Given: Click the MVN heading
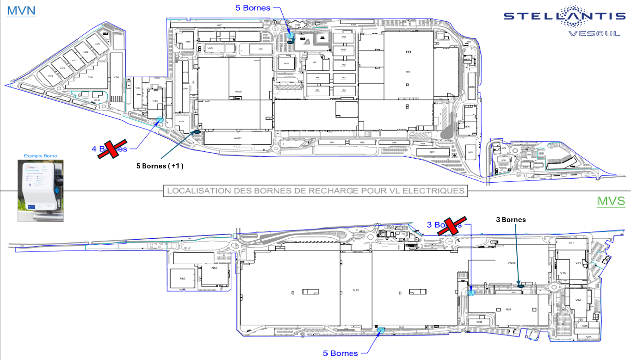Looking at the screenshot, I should (x=21, y=10).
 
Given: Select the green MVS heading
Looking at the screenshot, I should (x=611, y=201).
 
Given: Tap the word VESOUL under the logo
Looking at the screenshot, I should (x=594, y=33).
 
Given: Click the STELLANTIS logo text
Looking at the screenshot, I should (x=564, y=16).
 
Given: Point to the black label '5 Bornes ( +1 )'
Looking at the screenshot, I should (x=160, y=166).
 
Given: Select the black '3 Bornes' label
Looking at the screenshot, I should (x=511, y=220).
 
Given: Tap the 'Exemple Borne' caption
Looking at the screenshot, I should (x=40, y=156).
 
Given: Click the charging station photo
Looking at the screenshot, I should (x=40, y=191).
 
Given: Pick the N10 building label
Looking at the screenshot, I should (x=356, y=290).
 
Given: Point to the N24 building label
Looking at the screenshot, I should (x=508, y=309).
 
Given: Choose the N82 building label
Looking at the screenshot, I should (x=182, y=278).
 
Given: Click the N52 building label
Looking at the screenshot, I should (x=214, y=268).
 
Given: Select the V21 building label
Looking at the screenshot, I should (x=588, y=337).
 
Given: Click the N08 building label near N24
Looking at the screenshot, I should (x=479, y=322).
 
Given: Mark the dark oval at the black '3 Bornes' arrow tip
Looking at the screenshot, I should (x=520, y=286).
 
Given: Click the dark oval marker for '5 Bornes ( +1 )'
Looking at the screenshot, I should (x=196, y=132).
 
